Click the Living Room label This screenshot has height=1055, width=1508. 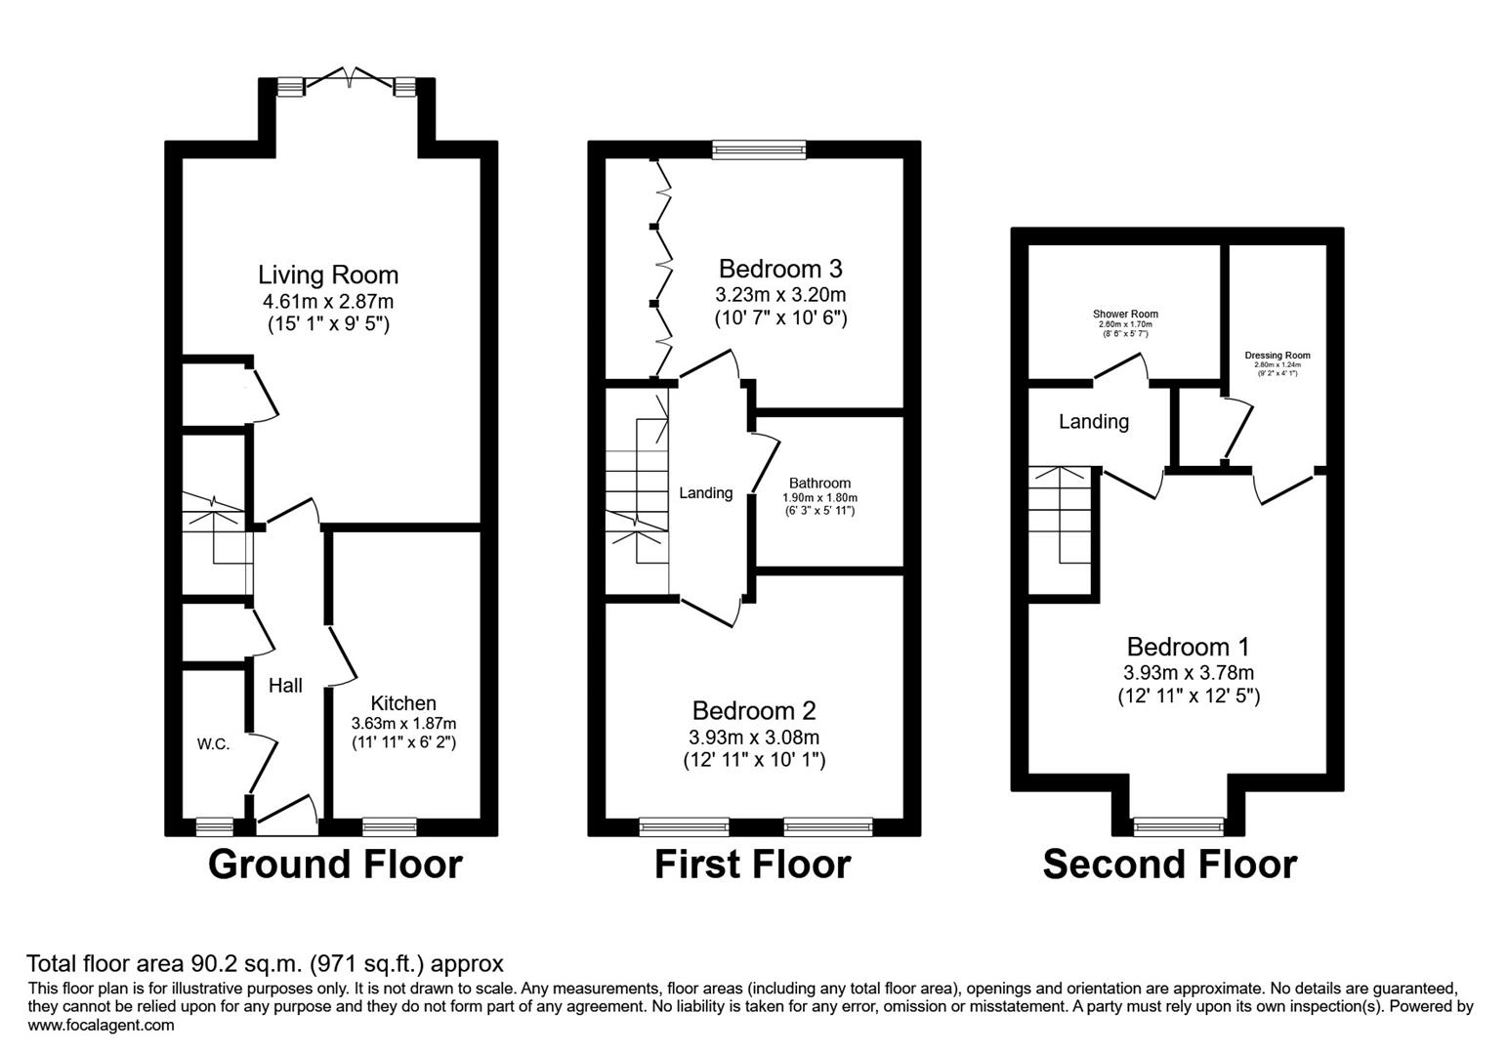tap(328, 274)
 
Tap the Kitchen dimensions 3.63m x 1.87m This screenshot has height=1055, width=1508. tap(403, 724)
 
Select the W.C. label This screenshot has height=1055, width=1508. tap(213, 744)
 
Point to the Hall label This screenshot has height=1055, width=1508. tap(285, 686)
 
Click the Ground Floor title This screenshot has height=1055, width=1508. tap(335, 865)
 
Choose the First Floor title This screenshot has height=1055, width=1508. tap(752, 865)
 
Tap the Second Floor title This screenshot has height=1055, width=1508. tap(1169, 865)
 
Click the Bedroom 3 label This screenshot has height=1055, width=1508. tap(780, 269)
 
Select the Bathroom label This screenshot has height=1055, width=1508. tap(819, 483)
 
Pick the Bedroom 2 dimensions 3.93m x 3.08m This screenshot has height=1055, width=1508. tap(754, 737)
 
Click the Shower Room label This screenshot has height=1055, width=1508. tap(1125, 315)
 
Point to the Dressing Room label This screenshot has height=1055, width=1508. tap(1278, 356)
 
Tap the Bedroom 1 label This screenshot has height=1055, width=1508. tap(1188, 647)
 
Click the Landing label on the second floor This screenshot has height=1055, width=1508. tap(1094, 422)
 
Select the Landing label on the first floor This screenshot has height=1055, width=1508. tap(705, 493)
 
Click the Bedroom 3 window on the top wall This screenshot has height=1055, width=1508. tap(759, 149)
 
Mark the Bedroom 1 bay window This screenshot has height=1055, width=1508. tap(1178, 826)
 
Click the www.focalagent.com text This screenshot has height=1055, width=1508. tap(102, 1026)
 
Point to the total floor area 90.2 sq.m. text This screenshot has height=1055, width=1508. tap(265, 965)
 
